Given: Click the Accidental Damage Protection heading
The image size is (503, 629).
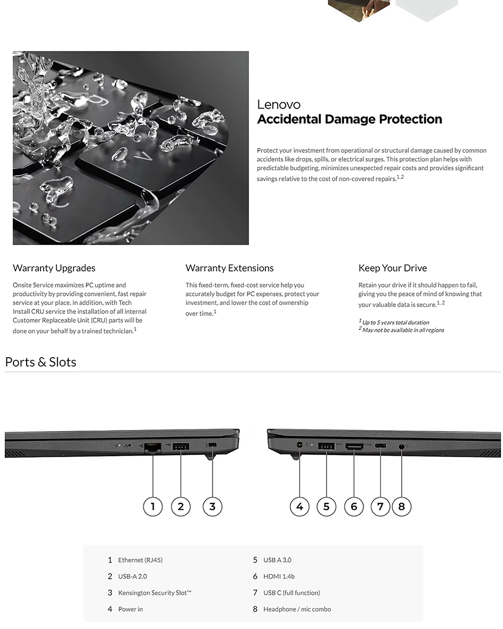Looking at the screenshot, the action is coord(350,119).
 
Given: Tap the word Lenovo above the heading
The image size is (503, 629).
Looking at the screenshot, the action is coord(279,105).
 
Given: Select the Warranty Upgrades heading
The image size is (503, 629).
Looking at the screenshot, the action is coord(54,268).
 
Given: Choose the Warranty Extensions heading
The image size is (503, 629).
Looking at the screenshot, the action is coord(230,268).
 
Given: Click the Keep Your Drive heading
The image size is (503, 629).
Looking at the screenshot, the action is coord(393,268).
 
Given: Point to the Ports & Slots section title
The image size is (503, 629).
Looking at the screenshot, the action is coord(40,362).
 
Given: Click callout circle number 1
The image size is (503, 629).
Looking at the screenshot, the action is coord(153,506).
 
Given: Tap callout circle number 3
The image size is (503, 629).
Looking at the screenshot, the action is coord(213,506).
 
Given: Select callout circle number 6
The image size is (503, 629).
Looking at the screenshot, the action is coord(354,506).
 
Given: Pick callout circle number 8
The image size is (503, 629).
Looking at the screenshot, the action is coord(401,506).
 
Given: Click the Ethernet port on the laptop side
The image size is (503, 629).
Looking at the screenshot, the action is coord(153,447).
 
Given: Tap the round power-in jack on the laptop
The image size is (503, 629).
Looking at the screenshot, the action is coord(299,445).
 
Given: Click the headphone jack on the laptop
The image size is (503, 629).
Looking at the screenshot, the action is coord(401,446).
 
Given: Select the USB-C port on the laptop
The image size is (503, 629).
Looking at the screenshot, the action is coord(380,446).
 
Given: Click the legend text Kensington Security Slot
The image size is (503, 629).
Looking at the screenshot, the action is coord(155,593).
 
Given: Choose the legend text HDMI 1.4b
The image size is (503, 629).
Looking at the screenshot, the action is coord(279,576).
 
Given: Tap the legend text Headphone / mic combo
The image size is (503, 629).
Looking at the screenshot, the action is coord(297,609).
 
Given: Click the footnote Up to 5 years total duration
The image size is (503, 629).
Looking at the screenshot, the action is coord(394,322).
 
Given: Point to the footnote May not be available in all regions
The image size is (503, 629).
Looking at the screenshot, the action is coord(401,330).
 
